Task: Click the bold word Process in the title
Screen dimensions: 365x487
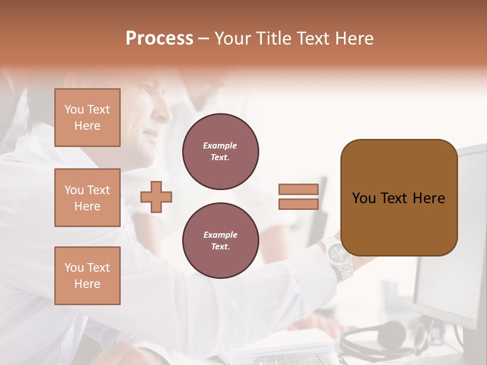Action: (x=159, y=39)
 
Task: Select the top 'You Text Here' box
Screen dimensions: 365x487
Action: (x=87, y=118)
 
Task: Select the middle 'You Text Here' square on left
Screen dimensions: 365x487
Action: (x=87, y=198)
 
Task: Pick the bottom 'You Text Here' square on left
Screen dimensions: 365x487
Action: (x=87, y=276)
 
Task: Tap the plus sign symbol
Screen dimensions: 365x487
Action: (x=156, y=197)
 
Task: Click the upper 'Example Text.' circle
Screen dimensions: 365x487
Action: (x=220, y=152)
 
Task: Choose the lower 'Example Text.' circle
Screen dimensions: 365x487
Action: (x=220, y=241)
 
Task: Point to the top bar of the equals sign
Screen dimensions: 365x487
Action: (x=298, y=190)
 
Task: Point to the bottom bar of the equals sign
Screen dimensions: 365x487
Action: (x=298, y=204)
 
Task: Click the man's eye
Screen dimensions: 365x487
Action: (x=148, y=90)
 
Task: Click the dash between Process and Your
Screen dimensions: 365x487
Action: (x=204, y=39)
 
